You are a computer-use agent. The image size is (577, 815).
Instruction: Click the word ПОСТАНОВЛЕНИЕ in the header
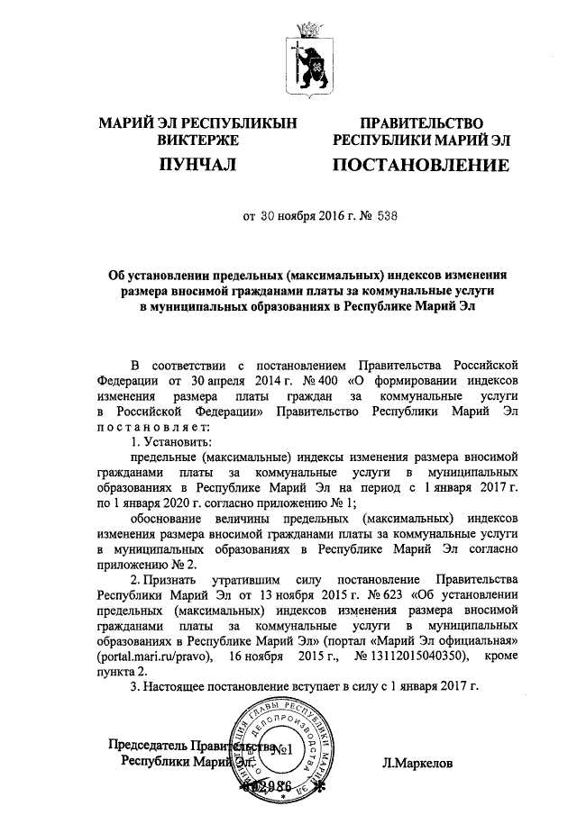pyautogui.click(x=421, y=166)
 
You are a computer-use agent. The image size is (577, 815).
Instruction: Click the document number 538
pyautogui.click(x=381, y=216)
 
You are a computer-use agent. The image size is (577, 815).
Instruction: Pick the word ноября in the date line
pyautogui.click(x=296, y=216)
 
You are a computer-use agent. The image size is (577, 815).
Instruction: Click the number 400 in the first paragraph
pyautogui.click(x=330, y=380)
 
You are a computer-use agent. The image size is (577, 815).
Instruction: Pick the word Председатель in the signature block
pyautogui.click(x=147, y=746)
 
